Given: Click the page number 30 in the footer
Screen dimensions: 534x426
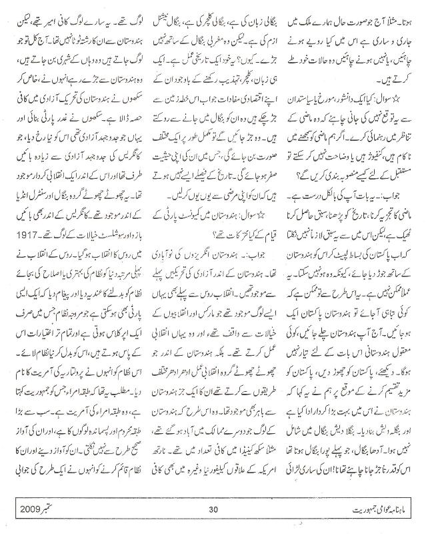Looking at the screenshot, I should coord(213,509).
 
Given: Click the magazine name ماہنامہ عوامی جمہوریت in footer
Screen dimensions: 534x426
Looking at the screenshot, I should coord(360,509).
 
